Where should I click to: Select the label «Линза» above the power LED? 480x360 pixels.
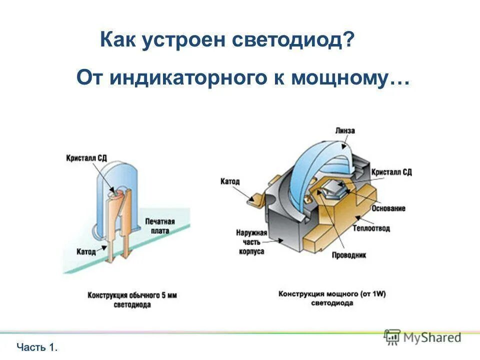(x=344, y=130)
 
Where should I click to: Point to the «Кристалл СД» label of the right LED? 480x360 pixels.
(x=391, y=171)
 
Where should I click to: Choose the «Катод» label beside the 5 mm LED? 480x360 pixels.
(x=86, y=251)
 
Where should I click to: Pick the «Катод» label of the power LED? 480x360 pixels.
(x=230, y=181)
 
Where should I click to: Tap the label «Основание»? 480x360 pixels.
(x=388, y=208)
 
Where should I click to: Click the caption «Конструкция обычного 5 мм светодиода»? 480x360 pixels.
(x=132, y=299)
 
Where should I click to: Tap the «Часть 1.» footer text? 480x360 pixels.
(x=37, y=346)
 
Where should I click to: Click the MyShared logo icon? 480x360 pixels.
(x=392, y=337)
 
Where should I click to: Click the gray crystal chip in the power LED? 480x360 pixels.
(x=332, y=189)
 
